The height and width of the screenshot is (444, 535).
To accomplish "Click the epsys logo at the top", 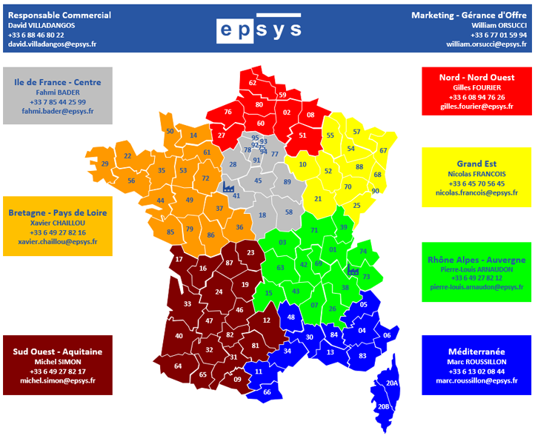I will pos(260,29).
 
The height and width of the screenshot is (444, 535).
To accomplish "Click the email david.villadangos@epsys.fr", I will pos(52,44).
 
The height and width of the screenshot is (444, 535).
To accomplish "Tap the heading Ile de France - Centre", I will pos(58,82).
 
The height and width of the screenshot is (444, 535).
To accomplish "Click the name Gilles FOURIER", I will pos(477,87).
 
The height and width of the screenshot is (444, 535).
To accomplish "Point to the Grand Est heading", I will pos(476,164).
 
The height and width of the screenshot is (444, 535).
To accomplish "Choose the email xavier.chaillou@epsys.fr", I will pos(58,242).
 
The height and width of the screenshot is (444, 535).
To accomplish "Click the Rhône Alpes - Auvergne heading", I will pos(476,260).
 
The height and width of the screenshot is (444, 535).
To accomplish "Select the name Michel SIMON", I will pos(58,361).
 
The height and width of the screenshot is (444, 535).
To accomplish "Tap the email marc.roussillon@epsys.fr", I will pos(476,381).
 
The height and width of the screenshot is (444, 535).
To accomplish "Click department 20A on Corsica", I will pos(392,383).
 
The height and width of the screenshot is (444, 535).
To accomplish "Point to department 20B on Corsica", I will pos(383,407).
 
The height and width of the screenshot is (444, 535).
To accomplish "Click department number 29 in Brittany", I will pos(104,164).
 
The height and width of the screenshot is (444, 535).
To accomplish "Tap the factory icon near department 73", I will pos(353,272).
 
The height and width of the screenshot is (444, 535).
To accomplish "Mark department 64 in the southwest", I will pos(178,366).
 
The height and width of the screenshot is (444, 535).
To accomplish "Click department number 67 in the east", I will pos(383,151).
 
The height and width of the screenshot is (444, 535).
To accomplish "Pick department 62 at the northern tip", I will pos(253,83).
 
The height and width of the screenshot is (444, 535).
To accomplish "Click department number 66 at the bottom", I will pos(267,392).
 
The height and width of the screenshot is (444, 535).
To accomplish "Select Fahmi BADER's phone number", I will pos(58,101).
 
